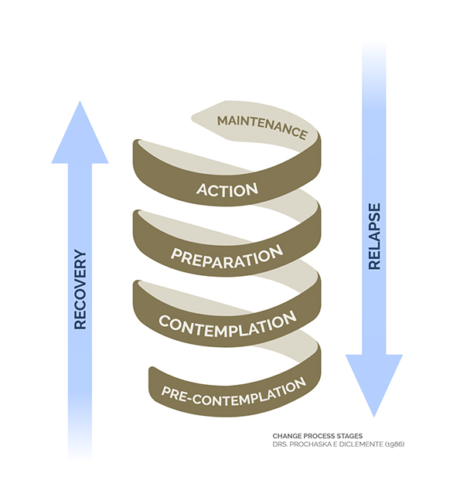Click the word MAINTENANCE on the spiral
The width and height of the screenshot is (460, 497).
(x=262, y=127)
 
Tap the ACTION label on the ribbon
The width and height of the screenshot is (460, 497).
(x=227, y=189)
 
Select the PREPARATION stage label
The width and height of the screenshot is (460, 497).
(x=227, y=257)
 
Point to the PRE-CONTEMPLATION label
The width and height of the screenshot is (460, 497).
(x=233, y=393)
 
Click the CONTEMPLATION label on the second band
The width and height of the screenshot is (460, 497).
(x=227, y=325)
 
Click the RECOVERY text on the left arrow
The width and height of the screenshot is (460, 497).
(x=80, y=289)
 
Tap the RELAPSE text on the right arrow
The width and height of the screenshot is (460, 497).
(x=374, y=237)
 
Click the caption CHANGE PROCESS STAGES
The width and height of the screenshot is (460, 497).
(x=317, y=436)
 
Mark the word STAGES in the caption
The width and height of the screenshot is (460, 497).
(x=349, y=436)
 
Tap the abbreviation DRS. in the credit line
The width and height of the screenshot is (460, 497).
(x=280, y=444)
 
